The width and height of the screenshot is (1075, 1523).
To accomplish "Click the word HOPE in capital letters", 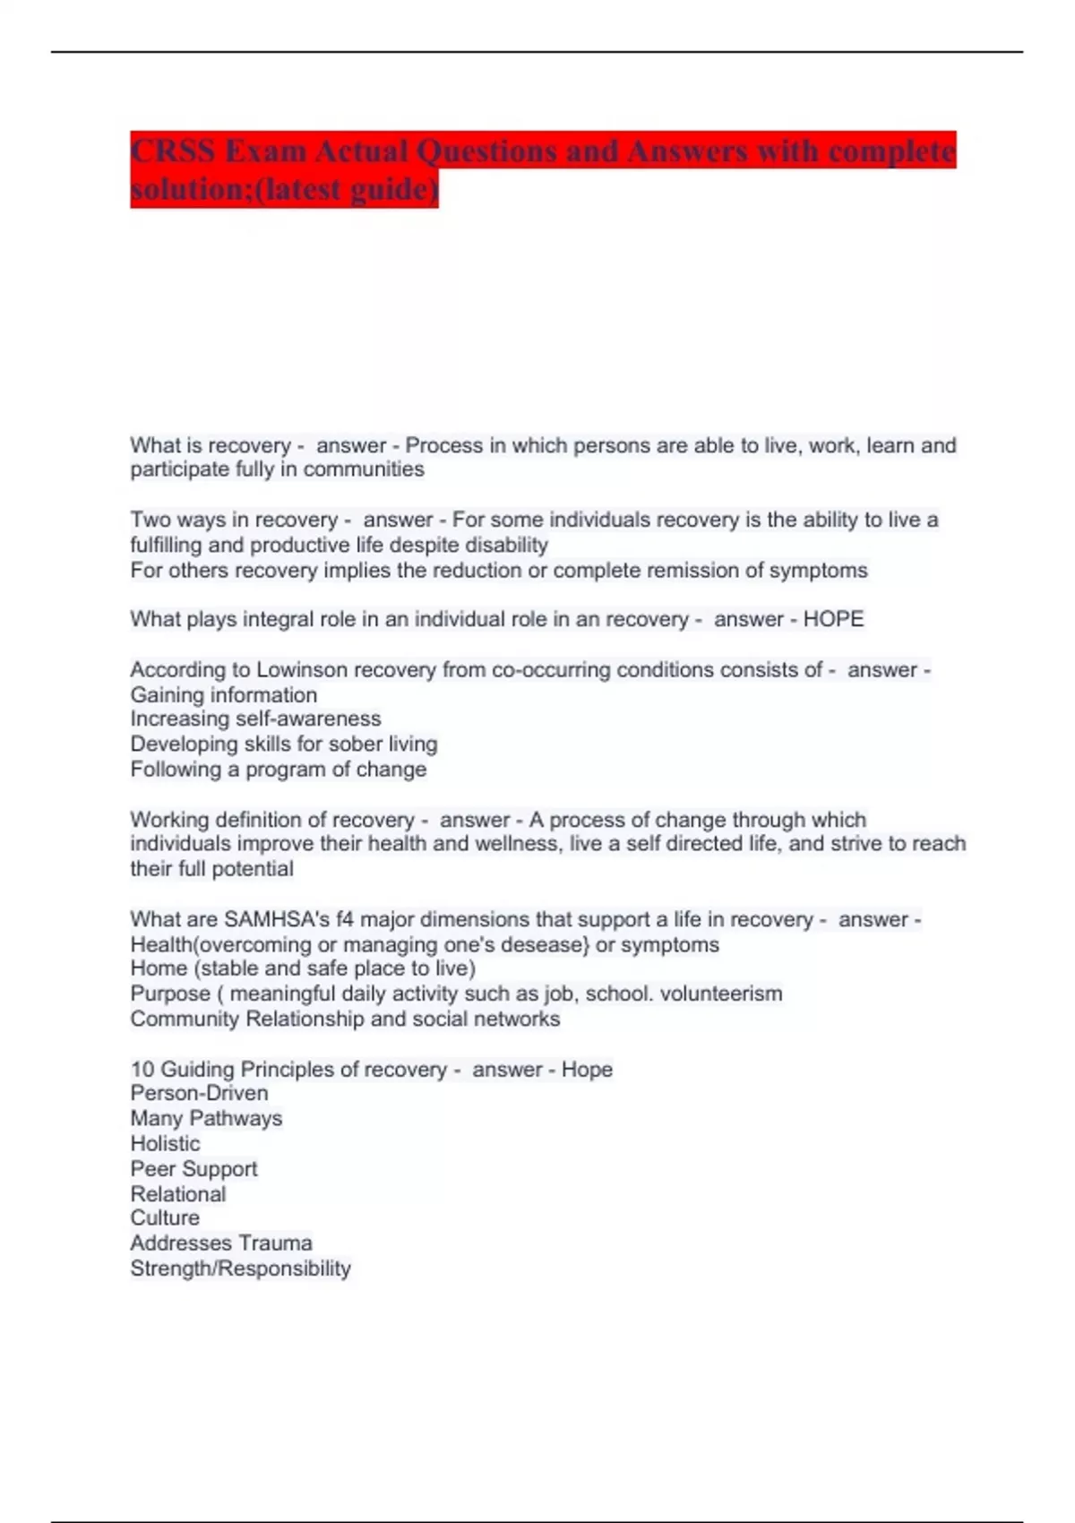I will click(833, 619).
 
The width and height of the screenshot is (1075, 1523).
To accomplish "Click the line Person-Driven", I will click(199, 1093).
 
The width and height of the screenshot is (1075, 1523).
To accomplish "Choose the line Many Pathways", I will click(206, 1118).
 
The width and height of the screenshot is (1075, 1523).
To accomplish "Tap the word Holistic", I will click(165, 1143).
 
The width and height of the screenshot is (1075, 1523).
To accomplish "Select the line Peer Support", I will click(193, 1168).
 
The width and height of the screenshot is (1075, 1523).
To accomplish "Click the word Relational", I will click(178, 1193).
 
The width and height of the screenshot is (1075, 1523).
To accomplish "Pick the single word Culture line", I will click(165, 1218).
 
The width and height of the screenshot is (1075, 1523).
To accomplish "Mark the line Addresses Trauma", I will click(221, 1243).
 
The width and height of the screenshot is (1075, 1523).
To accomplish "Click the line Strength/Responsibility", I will click(240, 1268).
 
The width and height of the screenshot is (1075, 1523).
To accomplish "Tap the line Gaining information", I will click(223, 694).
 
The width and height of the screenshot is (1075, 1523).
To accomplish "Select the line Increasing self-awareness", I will click(255, 718).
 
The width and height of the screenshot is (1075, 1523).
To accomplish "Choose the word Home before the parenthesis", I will click(159, 968).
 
